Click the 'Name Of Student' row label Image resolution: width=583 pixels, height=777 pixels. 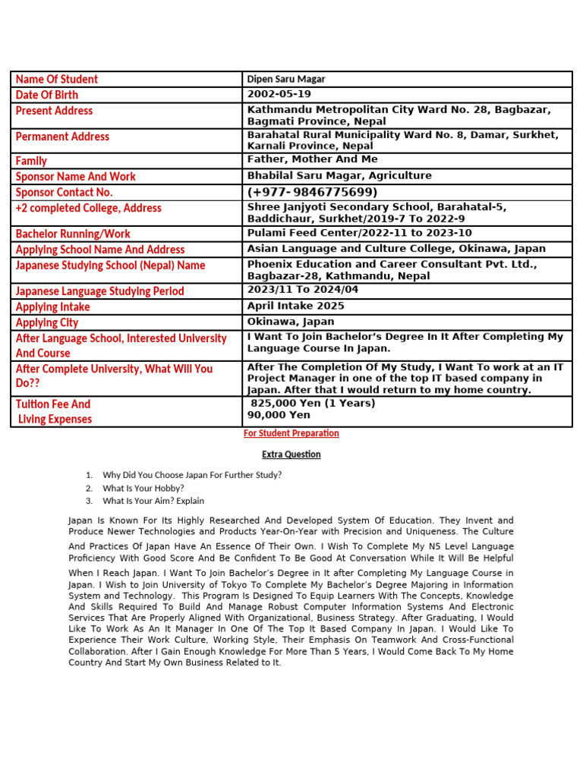(x=57, y=79)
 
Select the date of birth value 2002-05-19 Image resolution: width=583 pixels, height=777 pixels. (x=279, y=94)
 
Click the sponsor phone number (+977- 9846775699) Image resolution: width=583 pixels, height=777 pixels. (x=312, y=192)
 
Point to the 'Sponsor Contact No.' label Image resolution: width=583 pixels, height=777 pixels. (x=64, y=192)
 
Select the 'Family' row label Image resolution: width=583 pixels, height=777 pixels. (x=31, y=161)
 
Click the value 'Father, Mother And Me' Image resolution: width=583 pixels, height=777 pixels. (x=312, y=159)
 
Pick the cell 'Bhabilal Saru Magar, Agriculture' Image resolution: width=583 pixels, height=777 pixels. (x=339, y=175)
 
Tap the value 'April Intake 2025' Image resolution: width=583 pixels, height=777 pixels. (x=295, y=306)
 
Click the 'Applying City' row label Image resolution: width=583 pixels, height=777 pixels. (x=47, y=322)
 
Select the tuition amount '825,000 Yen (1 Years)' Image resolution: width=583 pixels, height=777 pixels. (x=313, y=403)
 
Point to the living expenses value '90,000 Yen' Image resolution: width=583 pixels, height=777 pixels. (x=279, y=415)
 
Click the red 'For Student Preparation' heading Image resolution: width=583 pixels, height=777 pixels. (x=291, y=433)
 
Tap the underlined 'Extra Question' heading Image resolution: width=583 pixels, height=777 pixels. (x=291, y=455)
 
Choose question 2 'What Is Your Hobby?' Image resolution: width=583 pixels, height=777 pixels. (x=143, y=488)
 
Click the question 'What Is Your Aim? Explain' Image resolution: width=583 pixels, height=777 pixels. (x=153, y=501)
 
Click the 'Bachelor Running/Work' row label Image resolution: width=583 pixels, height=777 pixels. (x=73, y=233)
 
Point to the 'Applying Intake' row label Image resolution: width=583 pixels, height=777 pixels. (x=53, y=307)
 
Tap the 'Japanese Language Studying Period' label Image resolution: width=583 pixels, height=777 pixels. (x=99, y=291)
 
